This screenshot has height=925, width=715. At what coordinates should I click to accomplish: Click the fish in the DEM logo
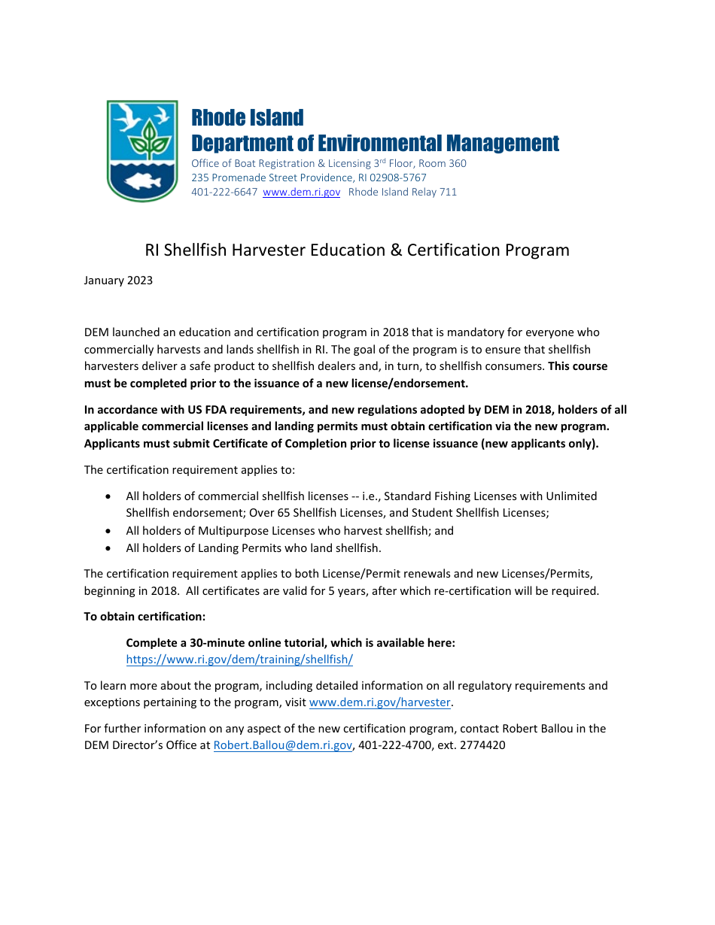[x=142, y=180]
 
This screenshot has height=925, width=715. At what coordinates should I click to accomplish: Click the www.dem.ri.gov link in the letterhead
[x=301, y=192]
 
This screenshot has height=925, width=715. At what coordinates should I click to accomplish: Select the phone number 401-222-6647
[x=224, y=192]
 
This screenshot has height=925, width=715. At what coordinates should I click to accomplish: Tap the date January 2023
[x=118, y=281]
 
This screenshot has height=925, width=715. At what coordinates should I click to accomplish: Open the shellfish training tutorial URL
[x=239, y=660]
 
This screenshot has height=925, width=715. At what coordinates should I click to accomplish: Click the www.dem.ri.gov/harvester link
[x=380, y=702]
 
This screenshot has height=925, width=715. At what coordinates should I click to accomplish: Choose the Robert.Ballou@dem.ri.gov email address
[x=283, y=745]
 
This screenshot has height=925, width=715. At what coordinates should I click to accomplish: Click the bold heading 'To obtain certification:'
[x=145, y=617]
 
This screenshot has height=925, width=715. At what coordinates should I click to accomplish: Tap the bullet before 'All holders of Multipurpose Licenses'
[x=110, y=531]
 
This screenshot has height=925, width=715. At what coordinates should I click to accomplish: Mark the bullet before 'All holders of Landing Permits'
[x=110, y=548]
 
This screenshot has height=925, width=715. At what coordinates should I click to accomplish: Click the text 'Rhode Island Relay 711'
[x=403, y=192]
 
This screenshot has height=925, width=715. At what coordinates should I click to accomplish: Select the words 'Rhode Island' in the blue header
[x=248, y=118]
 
